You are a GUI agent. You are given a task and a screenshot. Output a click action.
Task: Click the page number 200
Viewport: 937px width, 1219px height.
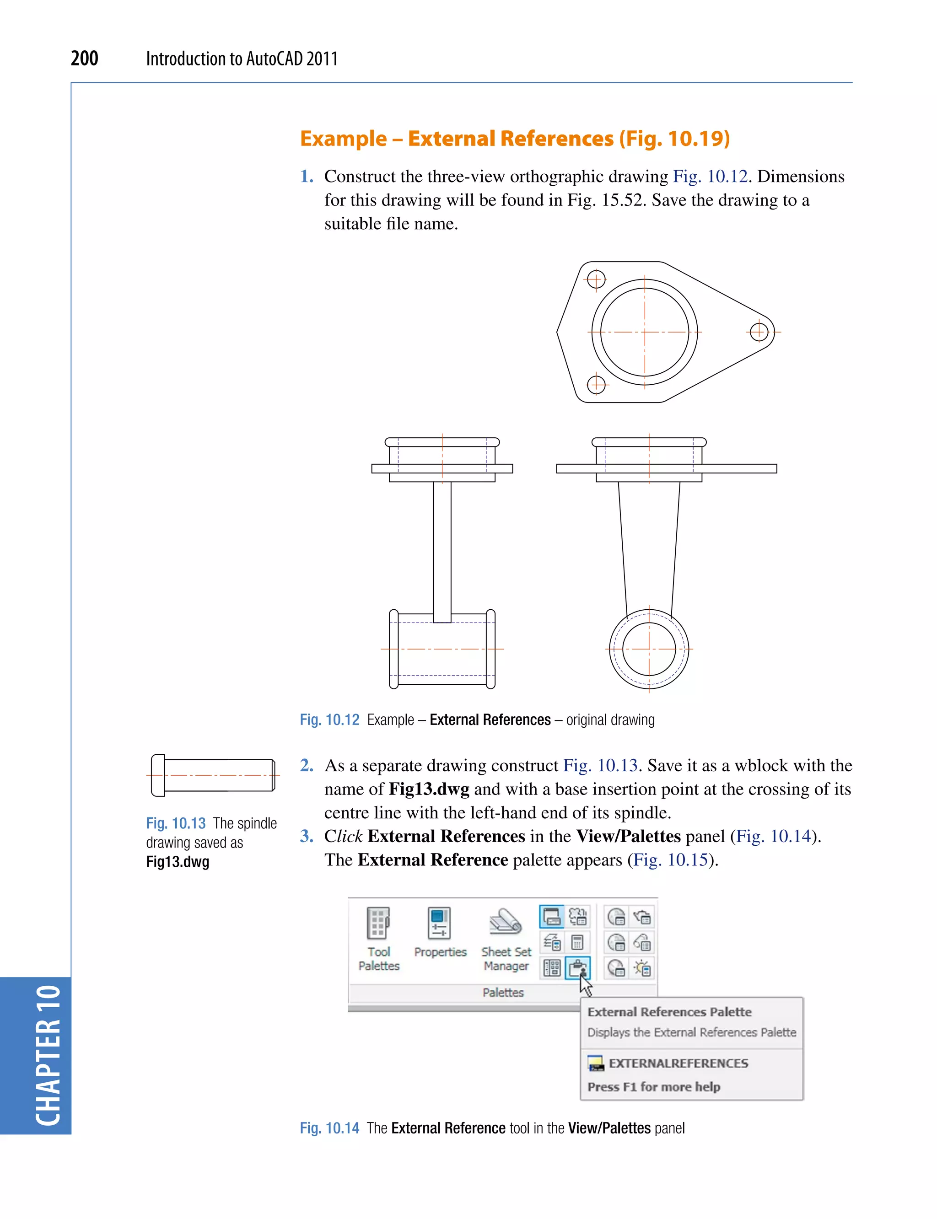(84, 58)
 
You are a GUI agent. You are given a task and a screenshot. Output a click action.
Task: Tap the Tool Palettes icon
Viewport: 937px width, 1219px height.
(379, 924)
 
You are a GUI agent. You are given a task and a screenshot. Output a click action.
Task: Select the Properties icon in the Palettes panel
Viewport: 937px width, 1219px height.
(439, 923)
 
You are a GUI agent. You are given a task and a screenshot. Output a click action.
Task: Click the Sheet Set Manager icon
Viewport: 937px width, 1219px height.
(505, 921)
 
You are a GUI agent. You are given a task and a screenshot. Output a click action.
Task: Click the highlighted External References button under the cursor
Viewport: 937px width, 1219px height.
(577, 967)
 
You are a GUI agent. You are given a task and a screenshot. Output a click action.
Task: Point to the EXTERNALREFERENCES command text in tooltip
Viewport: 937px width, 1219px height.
(678, 1063)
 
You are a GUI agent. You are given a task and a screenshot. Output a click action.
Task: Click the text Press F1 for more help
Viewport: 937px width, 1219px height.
(653, 1087)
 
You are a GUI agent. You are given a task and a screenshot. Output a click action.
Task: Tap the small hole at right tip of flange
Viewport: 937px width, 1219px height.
(759, 332)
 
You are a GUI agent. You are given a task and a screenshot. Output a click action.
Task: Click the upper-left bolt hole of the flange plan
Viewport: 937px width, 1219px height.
(596, 279)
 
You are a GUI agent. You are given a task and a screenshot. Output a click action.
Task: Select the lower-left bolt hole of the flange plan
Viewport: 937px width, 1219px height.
(596, 384)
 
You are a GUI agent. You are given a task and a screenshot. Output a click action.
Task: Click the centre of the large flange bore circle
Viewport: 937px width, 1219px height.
(645, 332)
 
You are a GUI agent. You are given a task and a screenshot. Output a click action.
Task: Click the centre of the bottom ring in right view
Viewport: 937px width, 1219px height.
(649, 649)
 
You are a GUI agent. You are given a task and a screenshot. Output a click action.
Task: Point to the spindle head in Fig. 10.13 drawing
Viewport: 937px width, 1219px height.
(158, 775)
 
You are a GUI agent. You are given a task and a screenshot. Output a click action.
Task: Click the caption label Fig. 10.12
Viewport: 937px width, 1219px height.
(329, 720)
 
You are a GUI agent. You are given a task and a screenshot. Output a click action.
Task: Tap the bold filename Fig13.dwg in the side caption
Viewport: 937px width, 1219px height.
(178, 862)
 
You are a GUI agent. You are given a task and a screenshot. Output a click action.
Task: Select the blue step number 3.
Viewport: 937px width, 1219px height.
(306, 836)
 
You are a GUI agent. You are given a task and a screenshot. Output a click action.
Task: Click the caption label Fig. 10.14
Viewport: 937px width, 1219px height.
(329, 1128)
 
